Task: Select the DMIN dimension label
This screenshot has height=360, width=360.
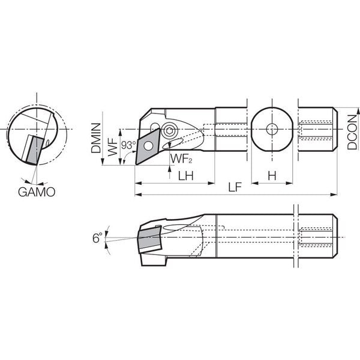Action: [x=96, y=138]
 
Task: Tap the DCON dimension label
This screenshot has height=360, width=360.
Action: [x=352, y=132]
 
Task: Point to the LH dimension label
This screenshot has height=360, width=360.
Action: [x=186, y=176]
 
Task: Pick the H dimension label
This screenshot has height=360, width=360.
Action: [x=272, y=176]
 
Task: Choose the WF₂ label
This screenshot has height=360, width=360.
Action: [x=181, y=158]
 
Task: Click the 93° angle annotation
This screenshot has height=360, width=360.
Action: [x=128, y=145]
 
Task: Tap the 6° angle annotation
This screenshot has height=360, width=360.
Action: [x=97, y=238]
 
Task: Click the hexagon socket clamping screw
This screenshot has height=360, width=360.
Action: [x=169, y=131]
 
